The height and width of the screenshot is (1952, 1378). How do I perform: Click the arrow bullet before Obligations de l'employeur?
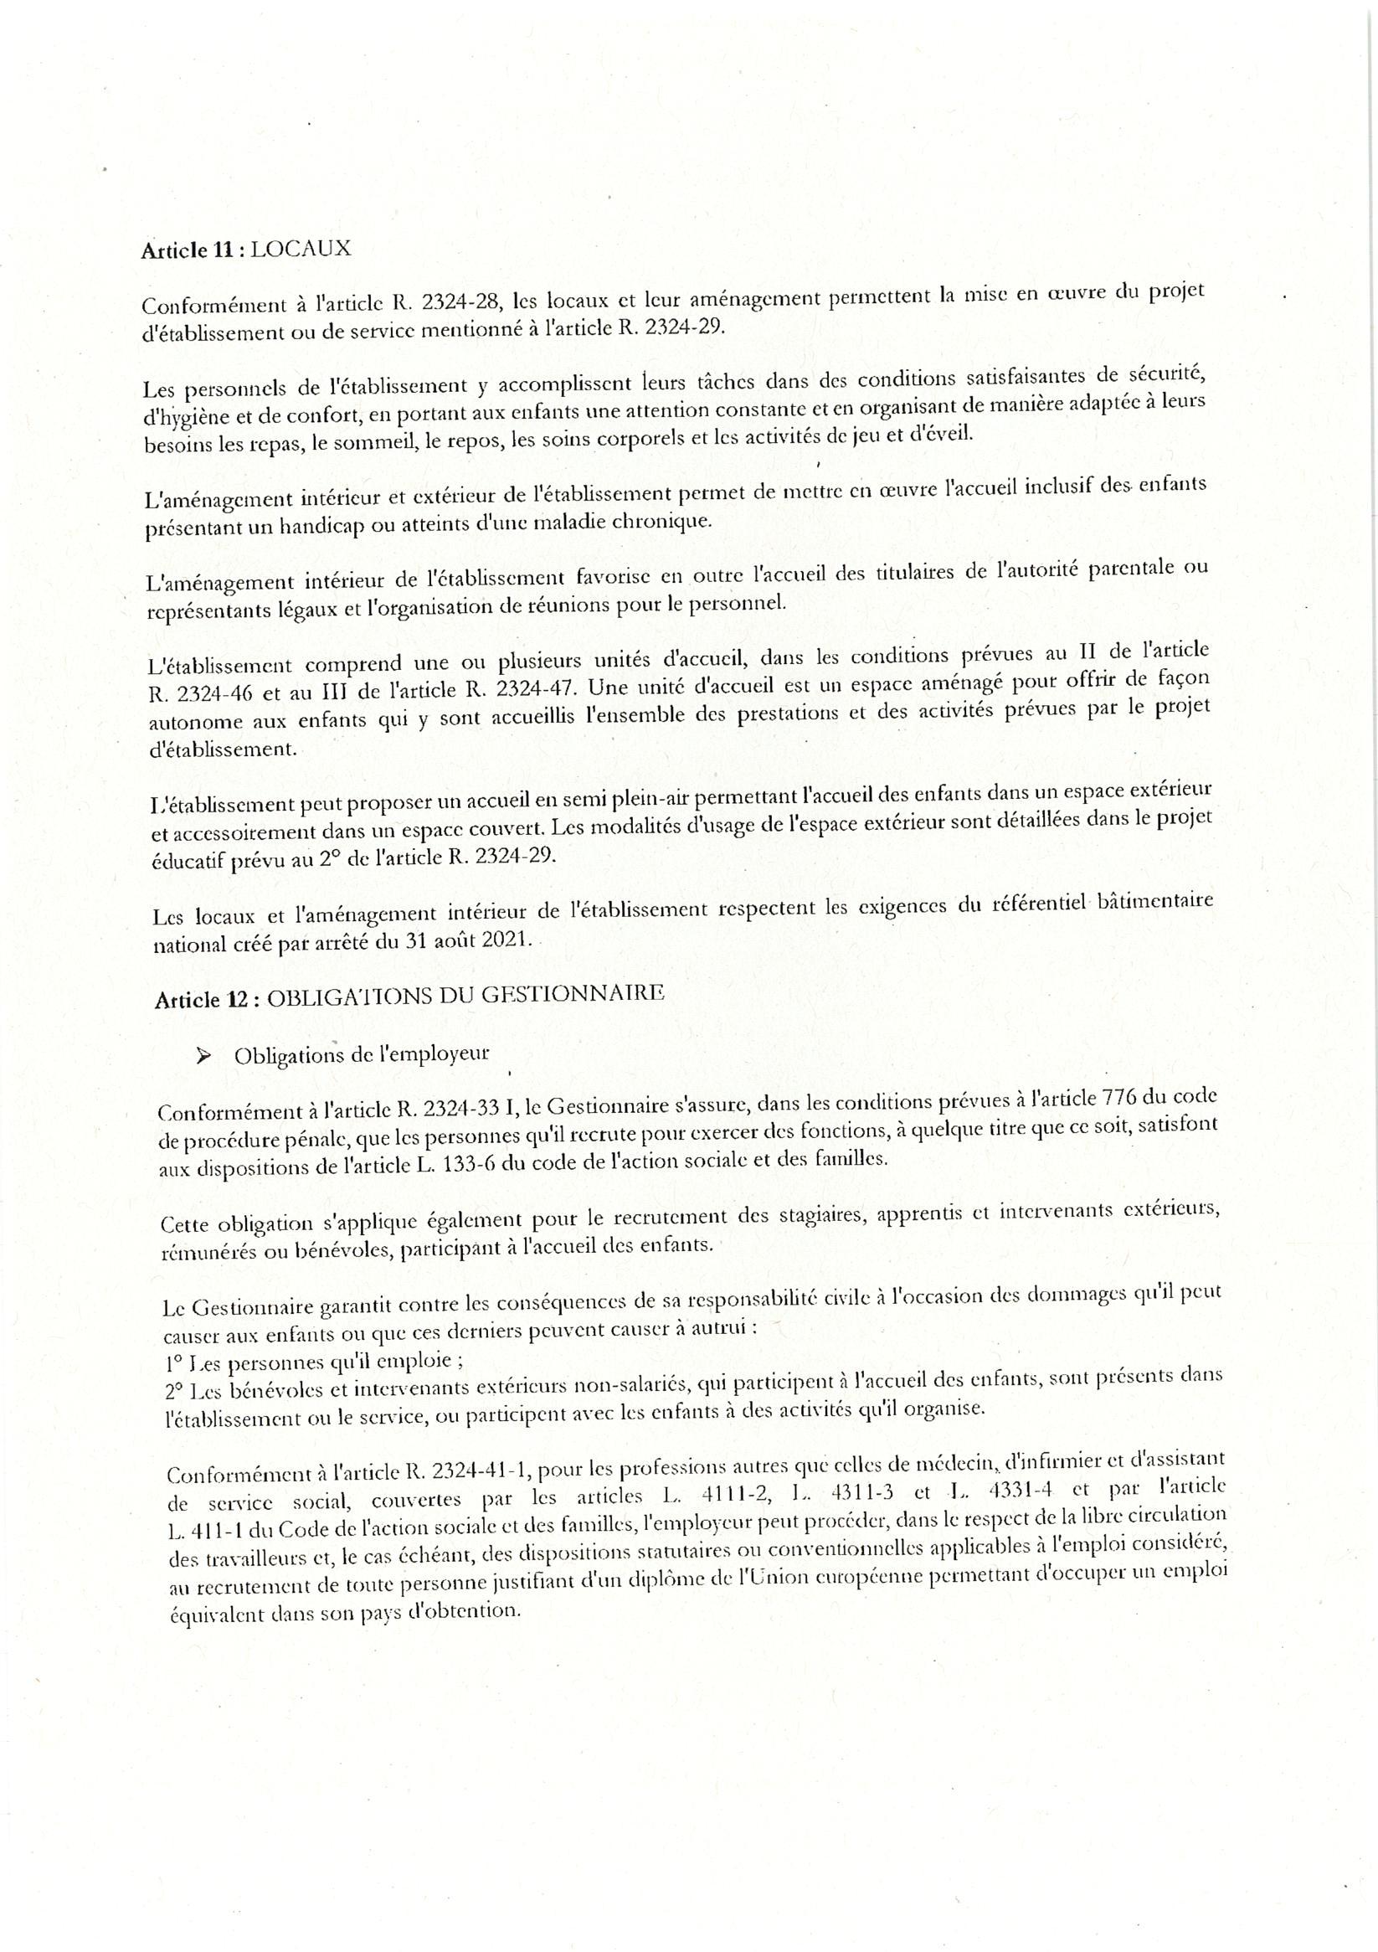[x=203, y=1056]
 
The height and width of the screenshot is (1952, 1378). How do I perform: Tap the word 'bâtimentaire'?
[x=1149, y=900]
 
